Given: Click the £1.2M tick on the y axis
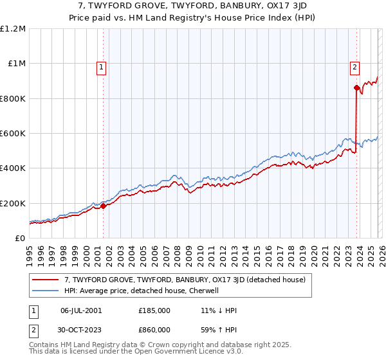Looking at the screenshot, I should click(x=13, y=29).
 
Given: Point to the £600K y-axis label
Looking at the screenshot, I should click(x=13, y=134).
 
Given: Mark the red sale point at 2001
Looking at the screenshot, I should click(x=103, y=206).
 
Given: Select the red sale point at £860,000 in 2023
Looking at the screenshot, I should click(x=356, y=88).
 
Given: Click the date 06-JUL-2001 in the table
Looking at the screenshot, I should click(x=81, y=310).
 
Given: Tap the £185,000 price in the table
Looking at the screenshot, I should click(x=154, y=310).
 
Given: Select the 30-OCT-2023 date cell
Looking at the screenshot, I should click(x=81, y=328).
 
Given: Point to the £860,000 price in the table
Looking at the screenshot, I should click(x=154, y=328).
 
